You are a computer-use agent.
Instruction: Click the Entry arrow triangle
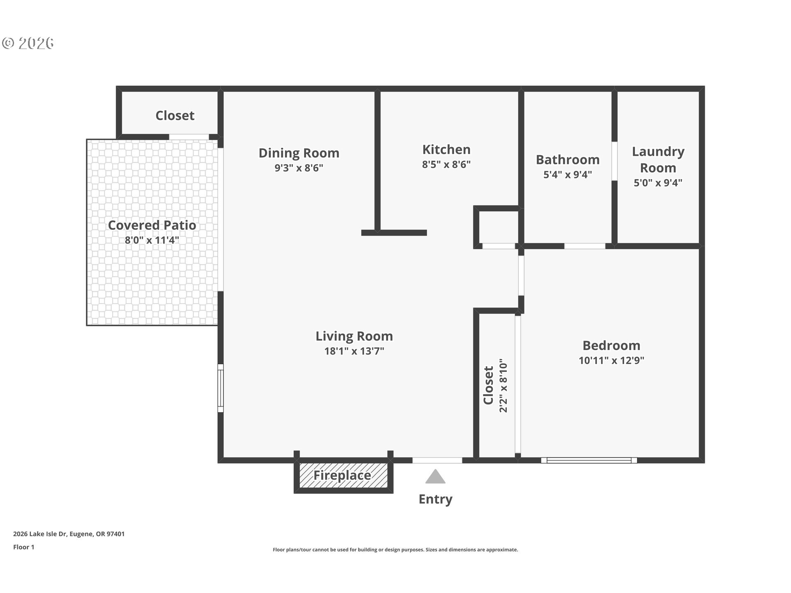(x=435, y=477)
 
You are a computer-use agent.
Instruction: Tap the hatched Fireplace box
(x=343, y=476)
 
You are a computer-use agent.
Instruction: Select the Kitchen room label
(x=446, y=149)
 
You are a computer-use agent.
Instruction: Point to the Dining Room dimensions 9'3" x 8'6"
(x=299, y=168)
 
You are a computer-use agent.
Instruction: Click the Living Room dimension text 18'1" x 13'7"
(x=354, y=351)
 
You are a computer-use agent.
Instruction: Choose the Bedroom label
(x=611, y=346)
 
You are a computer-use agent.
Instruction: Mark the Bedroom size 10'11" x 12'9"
(x=611, y=361)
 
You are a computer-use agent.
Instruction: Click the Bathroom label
(x=567, y=160)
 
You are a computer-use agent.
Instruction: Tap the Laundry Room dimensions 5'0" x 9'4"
(x=658, y=183)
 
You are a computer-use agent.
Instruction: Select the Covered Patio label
(x=152, y=225)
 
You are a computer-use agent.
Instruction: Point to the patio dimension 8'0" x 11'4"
(x=152, y=240)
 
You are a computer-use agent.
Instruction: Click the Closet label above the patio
(x=175, y=116)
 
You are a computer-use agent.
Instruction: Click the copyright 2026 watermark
(x=28, y=43)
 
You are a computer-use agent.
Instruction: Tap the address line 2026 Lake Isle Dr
(x=69, y=534)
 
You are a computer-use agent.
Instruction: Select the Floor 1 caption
(x=23, y=547)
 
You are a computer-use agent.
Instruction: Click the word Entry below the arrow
(x=435, y=499)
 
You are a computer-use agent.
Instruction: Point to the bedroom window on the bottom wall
(x=589, y=460)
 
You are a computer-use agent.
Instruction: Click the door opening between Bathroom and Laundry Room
(x=614, y=161)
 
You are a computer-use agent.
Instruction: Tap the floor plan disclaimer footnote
(x=395, y=550)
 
